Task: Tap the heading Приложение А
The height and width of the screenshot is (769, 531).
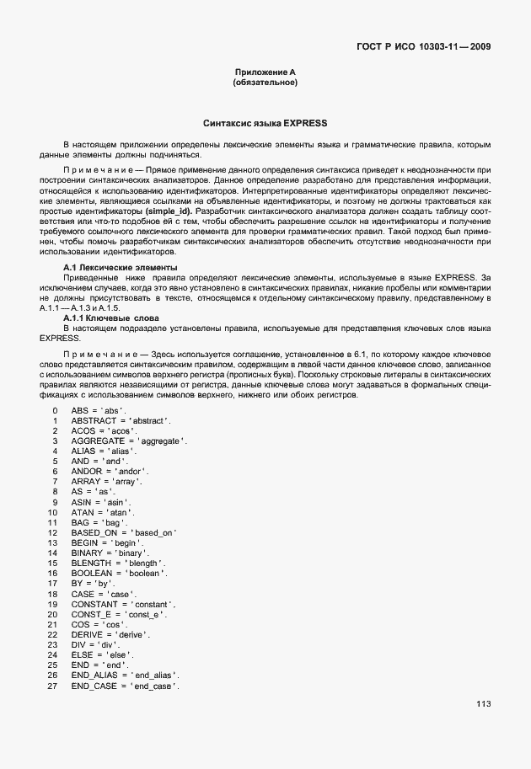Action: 265,73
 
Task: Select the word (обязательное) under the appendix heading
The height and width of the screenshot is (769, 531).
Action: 265,83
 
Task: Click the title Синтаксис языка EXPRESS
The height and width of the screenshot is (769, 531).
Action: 265,123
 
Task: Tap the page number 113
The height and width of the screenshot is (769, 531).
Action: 483,704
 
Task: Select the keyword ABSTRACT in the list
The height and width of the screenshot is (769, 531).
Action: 93,420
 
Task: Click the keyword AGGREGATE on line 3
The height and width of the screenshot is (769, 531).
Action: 98,441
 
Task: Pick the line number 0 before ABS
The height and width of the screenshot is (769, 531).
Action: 54,410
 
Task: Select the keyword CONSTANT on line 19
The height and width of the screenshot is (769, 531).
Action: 94,604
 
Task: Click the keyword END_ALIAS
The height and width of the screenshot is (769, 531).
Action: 94,676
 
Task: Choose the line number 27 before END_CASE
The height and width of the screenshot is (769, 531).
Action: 52,686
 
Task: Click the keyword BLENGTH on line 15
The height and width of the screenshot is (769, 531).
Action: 91,563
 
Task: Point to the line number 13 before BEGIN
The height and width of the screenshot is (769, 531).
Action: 52,542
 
